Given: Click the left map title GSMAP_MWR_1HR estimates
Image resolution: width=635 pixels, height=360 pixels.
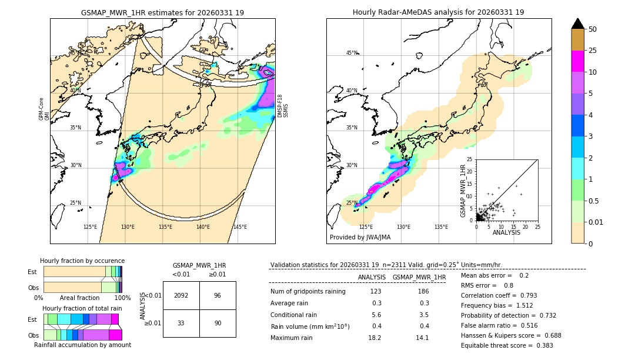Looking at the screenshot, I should [162, 12].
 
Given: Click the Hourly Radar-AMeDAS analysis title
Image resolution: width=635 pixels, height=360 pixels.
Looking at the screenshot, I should [438, 12].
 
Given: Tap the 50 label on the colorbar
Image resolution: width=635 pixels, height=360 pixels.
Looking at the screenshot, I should [593, 29].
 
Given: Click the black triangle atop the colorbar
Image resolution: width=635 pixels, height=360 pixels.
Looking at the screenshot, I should [578, 24].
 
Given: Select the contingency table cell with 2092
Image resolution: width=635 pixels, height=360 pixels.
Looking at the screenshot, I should [181, 295].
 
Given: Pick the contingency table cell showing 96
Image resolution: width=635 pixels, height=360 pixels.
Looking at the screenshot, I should [218, 295].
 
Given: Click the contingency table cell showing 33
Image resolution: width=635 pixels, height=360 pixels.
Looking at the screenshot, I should [181, 323].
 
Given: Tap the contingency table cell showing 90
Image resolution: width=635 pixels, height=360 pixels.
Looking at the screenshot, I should [218, 323].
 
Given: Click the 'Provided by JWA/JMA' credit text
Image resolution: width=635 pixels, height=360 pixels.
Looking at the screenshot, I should [360, 237].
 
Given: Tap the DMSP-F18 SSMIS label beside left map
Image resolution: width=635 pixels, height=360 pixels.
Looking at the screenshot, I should [282, 106].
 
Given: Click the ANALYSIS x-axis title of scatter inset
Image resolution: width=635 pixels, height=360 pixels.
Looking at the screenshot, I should [507, 233].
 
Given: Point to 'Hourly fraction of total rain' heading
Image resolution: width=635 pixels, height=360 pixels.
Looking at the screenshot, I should [82, 308].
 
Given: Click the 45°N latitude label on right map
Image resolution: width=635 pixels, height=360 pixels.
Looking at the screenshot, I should [352, 53].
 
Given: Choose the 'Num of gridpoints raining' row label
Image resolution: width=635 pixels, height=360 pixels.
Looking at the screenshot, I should [308, 291].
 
